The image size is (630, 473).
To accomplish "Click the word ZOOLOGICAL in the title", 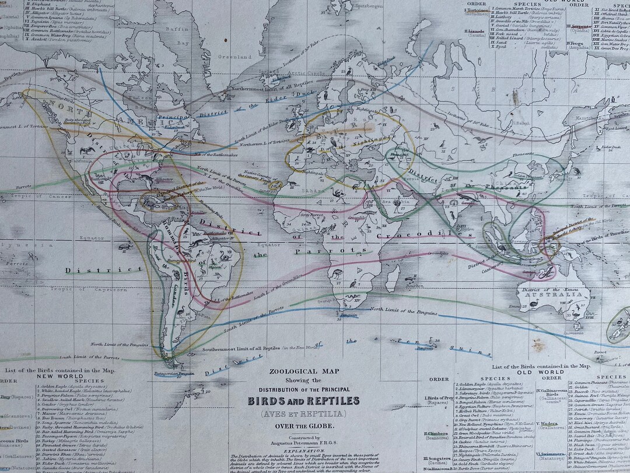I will click(290, 371).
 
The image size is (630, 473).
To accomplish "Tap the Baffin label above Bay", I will click(174, 27).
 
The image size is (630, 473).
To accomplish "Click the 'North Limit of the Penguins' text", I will click(403, 309).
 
